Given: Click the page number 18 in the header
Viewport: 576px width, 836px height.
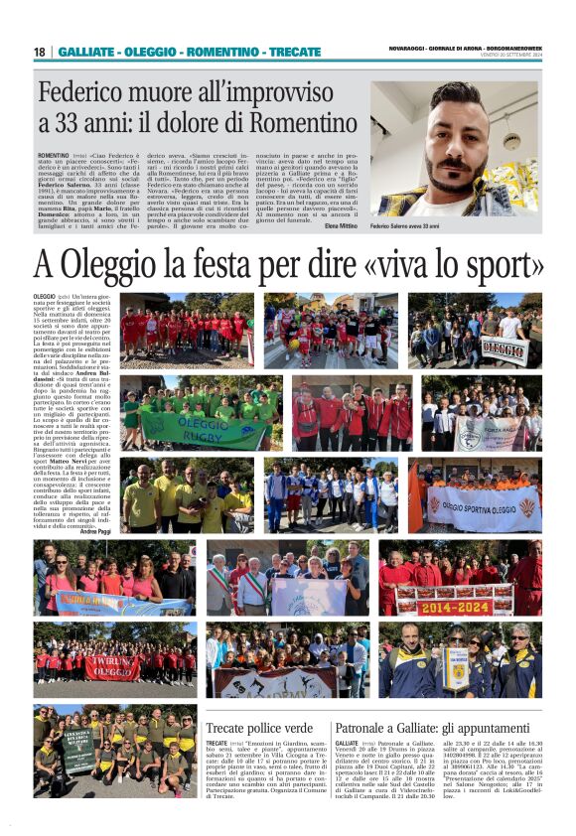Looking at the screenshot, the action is coord(40,52).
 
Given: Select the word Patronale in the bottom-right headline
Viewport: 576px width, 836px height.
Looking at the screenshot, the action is coord(369,728).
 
